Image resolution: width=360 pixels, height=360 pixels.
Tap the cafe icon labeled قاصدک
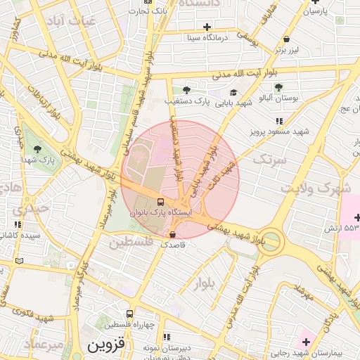coord(173,234)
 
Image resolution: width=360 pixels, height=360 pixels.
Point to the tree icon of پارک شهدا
coord(37,148)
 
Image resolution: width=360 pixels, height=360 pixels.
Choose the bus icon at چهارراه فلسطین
coord(129,314)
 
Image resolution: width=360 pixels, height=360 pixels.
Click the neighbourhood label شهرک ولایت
coord(315,188)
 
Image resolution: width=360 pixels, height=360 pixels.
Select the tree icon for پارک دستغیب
coord(186,90)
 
